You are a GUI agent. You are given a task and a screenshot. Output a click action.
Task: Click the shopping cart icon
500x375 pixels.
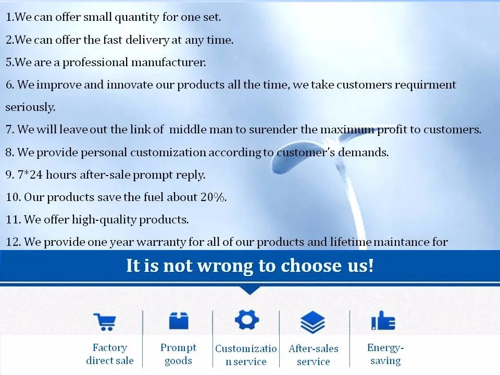pyautogui.click(x=105, y=322)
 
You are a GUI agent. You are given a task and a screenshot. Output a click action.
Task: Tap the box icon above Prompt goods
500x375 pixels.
pyautogui.click(x=179, y=320)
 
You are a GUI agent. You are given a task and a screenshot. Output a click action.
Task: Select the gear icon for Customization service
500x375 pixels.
pyautogui.click(x=247, y=319)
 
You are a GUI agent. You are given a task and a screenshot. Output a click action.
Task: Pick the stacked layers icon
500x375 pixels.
pyautogui.click(x=313, y=322)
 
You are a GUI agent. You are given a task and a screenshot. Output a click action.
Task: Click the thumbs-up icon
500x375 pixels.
pyautogui.click(x=383, y=320)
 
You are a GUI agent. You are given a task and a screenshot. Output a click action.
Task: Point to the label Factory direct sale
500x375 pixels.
pyautogui.click(x=110, y=354)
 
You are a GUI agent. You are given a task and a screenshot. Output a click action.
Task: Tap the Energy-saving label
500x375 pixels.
pyautogui.click(x=385, y=354)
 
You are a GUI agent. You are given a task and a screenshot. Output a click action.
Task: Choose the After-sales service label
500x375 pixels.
pyautogui.click(x=314, y=355)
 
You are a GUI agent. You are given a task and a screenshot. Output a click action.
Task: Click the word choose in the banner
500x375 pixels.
pyautogui.click(x=311, y=266)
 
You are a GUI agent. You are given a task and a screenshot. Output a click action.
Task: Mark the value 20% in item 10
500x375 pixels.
pyautogui.click(x=214, y=197)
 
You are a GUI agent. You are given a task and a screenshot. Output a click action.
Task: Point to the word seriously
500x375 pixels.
pyautogui.click(x=30, y=107)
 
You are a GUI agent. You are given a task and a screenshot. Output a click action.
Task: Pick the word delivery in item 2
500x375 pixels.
pyautogui.click(x=147, y=40)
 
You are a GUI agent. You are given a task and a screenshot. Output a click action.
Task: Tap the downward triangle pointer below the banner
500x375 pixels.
pyautogui.click(x=250, y=290)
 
